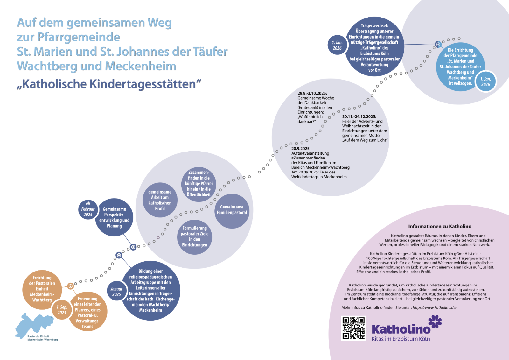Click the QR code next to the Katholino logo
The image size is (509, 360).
click(353, 328)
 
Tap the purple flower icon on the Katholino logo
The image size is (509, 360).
click(435, 321)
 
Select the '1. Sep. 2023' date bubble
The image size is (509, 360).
click(62, 310)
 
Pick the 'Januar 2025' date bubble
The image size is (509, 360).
click(116, 292)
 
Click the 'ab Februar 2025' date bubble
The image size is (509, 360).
click(88, 209)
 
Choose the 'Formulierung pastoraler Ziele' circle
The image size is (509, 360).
click(194, 236)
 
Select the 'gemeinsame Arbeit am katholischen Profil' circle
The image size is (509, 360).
click(160, 200)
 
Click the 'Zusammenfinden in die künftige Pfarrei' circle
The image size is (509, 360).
click(199, 184)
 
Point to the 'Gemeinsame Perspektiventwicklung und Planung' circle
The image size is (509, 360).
click(114, 217)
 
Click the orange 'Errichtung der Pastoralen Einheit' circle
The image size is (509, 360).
click(42, 289)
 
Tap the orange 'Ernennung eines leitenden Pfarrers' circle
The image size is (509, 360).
click(88, 313)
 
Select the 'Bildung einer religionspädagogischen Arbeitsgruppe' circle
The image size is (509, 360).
click(151, 291)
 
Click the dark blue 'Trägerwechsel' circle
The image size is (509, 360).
click(374, 47)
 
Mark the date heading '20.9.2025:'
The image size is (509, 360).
click(301, 149)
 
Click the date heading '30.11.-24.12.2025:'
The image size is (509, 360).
click(359, 117)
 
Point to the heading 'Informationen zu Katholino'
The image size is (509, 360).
click(440, 227)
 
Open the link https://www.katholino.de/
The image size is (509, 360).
click(435, 307)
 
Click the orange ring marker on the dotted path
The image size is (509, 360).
click(71, 286)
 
